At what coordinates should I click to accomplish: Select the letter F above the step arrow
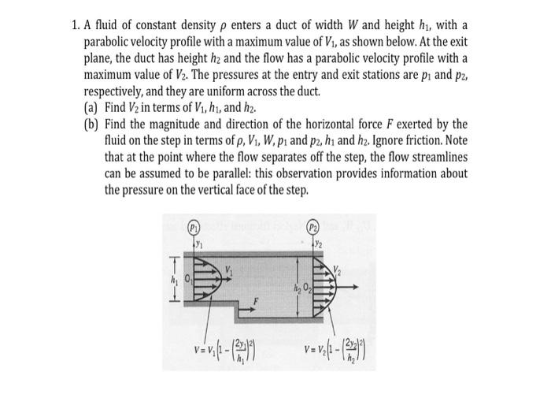(255, 300)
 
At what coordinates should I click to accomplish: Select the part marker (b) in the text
(89, 125)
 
